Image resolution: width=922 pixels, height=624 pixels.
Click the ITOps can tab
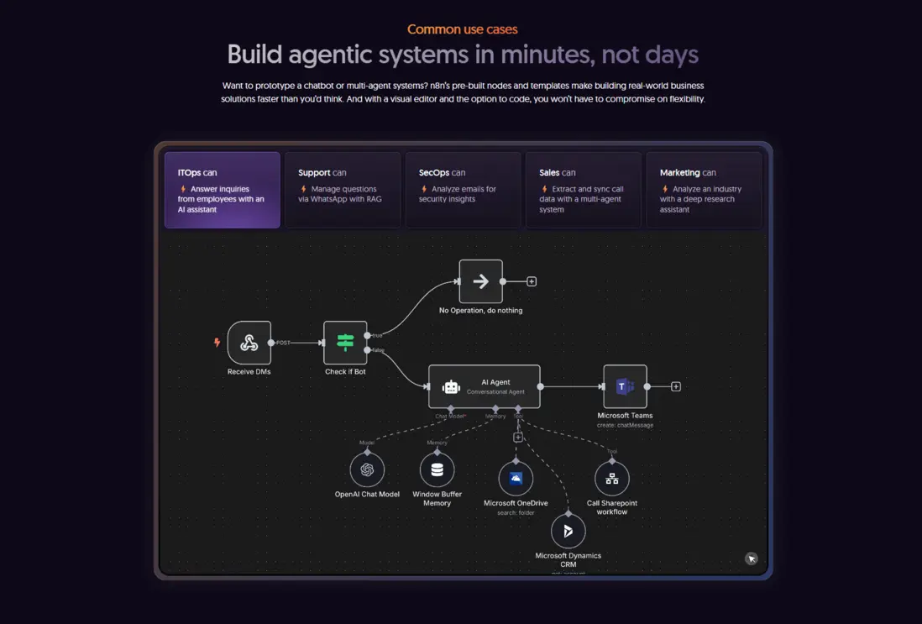pyautogui.click(x=222, y=190)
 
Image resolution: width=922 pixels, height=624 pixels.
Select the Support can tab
pyautogui.click(x=342, y=190)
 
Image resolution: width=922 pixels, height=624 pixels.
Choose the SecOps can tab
pyautogui.click(x=463, y=190)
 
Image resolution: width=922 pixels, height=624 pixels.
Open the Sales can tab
pyautogui.click(x=583, y=190)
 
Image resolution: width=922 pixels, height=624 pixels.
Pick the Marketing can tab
pyautogui.click(x=704, y=190)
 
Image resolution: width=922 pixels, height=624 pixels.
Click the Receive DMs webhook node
pyautogui.click(x=249, y=343)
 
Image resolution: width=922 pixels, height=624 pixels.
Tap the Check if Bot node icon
pyautogui.click(x=345, y=343)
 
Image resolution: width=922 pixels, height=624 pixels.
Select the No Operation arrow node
pyautogui.click(x=480, y=281)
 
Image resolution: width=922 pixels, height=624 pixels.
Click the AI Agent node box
pyautogui.click(x=485, y=386)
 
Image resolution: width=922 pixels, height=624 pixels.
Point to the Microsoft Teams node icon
pyautogui.click(x=625, y=386)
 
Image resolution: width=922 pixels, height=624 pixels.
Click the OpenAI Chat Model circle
pyautogui.click(x=367, y=470)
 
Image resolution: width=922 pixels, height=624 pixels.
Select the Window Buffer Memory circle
pyautogui.click(x=437, y=470)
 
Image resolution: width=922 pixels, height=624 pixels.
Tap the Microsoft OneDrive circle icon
pyautogui.click(x=516, y=479)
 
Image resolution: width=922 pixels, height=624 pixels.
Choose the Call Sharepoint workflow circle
pyautogui.click(x=611, y=479)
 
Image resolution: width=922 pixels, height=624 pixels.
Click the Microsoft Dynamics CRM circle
pyautogui.click(x=568, y=531)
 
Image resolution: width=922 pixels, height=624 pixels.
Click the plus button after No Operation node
pyautogui.click(x=532, y=281)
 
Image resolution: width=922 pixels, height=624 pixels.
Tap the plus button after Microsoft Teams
pyautogui.click(x=676, y=386)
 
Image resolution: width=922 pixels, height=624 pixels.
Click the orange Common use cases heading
pyautogui.click(x=462, y=29)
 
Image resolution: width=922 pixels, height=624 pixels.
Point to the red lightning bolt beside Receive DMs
pyautogui.click(x=217, y=343)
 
